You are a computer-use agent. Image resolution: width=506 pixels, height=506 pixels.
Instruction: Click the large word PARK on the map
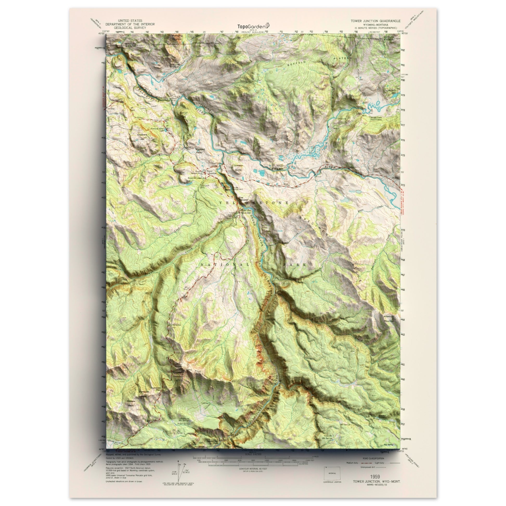coord(295,265)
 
